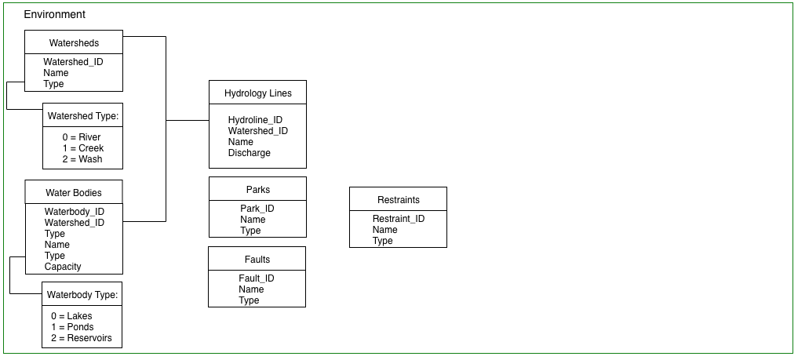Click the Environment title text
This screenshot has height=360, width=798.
click(54, 14)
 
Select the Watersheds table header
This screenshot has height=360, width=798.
click(74, 42)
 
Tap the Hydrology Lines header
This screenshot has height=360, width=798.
click(258, 93)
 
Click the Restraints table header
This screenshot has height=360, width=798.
click(399, 200)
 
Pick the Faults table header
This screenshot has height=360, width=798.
click(257, 260)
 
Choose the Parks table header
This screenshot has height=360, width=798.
click(258, 190)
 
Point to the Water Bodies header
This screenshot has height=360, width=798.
click(74, 193)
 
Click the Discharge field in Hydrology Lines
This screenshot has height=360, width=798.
click(250, 152)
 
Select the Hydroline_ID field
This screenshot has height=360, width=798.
click(255, 120)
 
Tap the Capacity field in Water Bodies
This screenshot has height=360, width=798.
click(63, 267)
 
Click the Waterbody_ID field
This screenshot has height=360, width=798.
click(75, 212)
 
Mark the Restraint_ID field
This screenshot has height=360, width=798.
click(399, 219)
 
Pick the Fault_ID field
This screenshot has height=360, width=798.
click(257, 278)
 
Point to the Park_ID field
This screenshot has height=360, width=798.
click(257, 209)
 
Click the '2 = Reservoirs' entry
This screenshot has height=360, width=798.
click(82, 338)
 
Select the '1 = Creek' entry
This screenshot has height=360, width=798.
click(83, 148)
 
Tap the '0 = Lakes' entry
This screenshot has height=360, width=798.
click(71, 316)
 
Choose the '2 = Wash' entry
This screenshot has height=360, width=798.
click(82, 159)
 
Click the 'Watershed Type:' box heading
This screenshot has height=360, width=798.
click(83, 116)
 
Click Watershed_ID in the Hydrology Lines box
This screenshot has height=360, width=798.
click(258, 131)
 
